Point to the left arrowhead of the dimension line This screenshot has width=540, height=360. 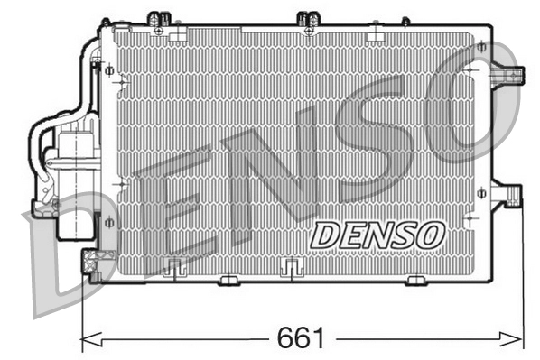pyautogui.click(x=87, y=340)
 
